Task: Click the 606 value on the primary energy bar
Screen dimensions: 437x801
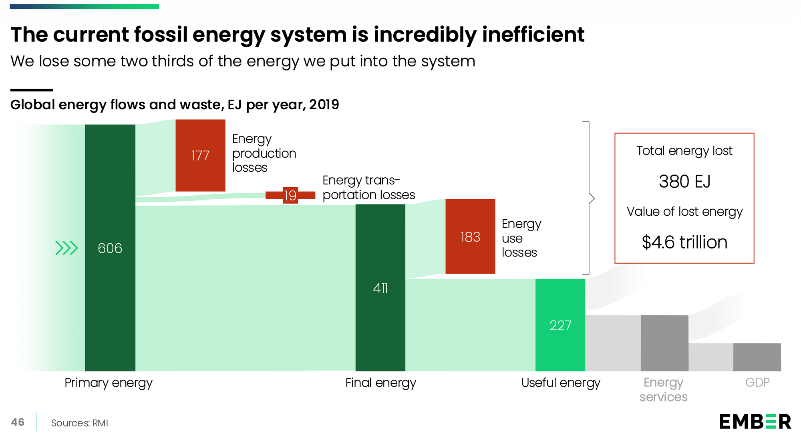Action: pyautogui.click(x=110, y=249)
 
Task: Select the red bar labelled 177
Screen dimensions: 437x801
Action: pyautogui.click(x=200, y=155)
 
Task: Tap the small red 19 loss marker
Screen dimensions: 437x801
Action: pyautogui.click(x=290, y=195)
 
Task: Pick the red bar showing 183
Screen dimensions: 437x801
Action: pyautogui.click(x=470, y=237)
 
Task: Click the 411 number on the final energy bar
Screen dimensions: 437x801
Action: pyautogui.click(x=380, y=288)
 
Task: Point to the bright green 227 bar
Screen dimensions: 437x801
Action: pyautogui.click(x=560, y=325)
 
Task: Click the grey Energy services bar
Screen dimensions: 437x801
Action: pyautogui.click(x=664, y=343)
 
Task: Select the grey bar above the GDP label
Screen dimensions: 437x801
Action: pyautogui.click(x=757, y=357)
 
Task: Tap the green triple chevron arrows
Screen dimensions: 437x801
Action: pyautogui.click(x=66, y=248)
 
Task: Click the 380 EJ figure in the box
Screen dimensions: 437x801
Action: pyautogui.click(x=684, y=182)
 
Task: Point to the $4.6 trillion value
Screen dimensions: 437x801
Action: pyautogui.click(x=684, y=242)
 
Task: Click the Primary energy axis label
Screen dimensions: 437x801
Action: pyautogui.click(x=109, y=383)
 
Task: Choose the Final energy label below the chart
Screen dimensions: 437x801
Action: pyautogui.click(x=380, y=383)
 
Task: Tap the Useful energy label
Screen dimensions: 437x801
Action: pyautogui.click(x=560, y=383)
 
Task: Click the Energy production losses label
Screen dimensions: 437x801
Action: pyautogui.click(x=264, y=153)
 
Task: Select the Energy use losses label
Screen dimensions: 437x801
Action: pyautogui.click(x=521, y=238)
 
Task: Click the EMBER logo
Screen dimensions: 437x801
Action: pyautogui.click(x=755, y=421)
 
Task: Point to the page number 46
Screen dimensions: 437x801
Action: pyautogui.click(x=18, y=422)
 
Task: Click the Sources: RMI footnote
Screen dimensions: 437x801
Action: pyautogui.click(x=79, y=423)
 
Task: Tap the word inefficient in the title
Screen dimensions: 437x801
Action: pyautogui.click(x=533, y=34)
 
